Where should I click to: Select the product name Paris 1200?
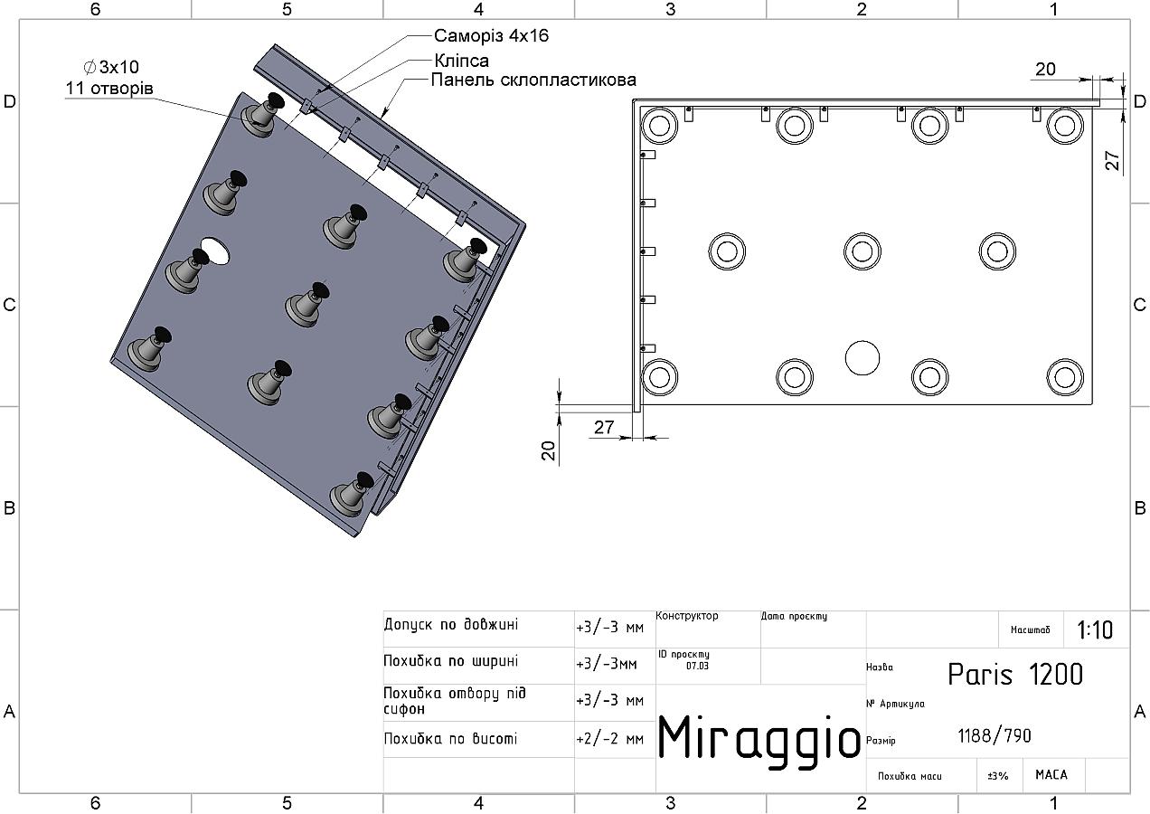coord(1015,674)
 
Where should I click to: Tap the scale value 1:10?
coord(1095,629)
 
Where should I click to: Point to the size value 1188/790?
coord(994,736)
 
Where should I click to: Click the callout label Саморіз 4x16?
coord(491,35)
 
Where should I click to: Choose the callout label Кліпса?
coord(462,61)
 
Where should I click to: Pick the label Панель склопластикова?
coord(533,80)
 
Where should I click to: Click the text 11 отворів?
coord(109,89)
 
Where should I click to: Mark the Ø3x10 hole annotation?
coord(111,67)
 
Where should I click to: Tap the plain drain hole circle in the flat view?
coord(862,358)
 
